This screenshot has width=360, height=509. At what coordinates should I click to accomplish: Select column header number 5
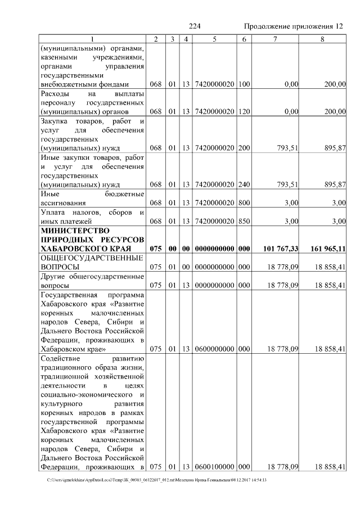point(214,38)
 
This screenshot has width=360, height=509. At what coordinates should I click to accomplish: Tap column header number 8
point(322,38)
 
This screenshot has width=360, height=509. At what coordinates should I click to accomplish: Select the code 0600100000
point(214,466)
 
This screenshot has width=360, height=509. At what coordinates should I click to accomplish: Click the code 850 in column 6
point(244,221)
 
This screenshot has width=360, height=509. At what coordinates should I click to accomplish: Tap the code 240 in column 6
point(244,184)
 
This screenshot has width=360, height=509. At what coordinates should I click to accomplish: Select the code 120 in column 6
point(244,112)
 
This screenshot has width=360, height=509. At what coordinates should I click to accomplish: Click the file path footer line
point(157,480)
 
